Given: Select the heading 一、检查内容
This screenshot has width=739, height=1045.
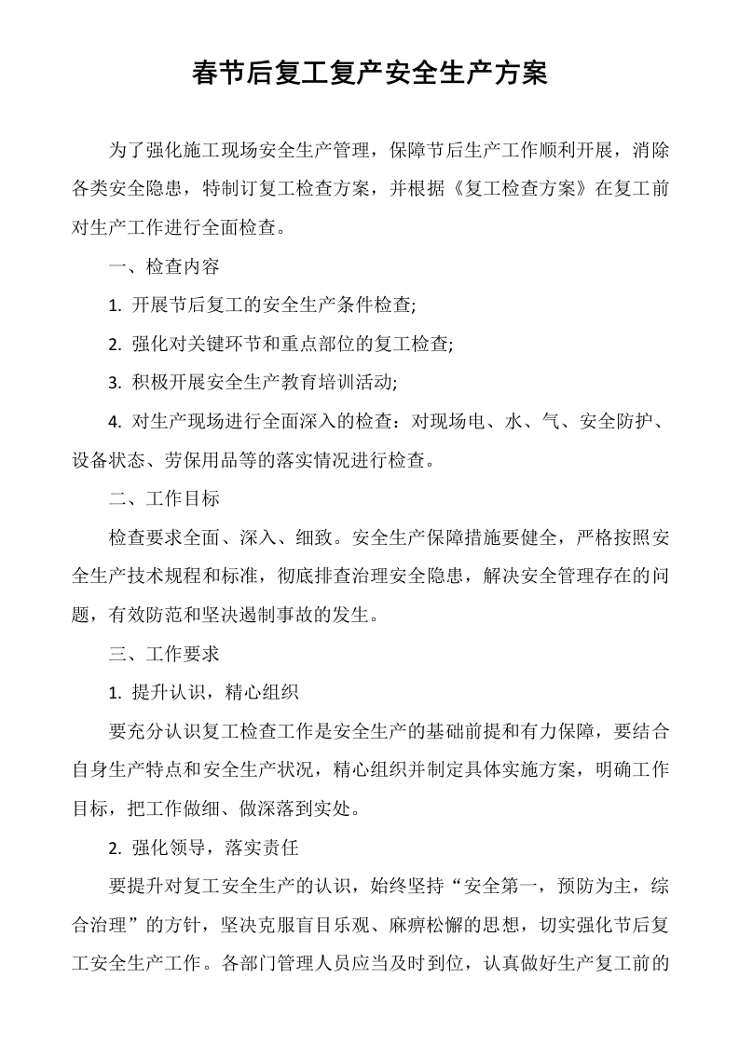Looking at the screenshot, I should pyautogui.click(x=164, y=267).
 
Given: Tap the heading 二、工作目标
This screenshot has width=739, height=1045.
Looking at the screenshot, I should pyautogui.click(x=164, y=498).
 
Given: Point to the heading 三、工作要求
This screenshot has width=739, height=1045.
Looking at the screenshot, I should pyautogui.click(x=164, y=653).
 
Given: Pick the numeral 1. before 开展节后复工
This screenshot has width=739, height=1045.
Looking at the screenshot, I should pyautogui.click(x=115, y=305).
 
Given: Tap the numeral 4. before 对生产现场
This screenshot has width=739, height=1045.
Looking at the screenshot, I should pyautogui.click(x=115, y=422).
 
